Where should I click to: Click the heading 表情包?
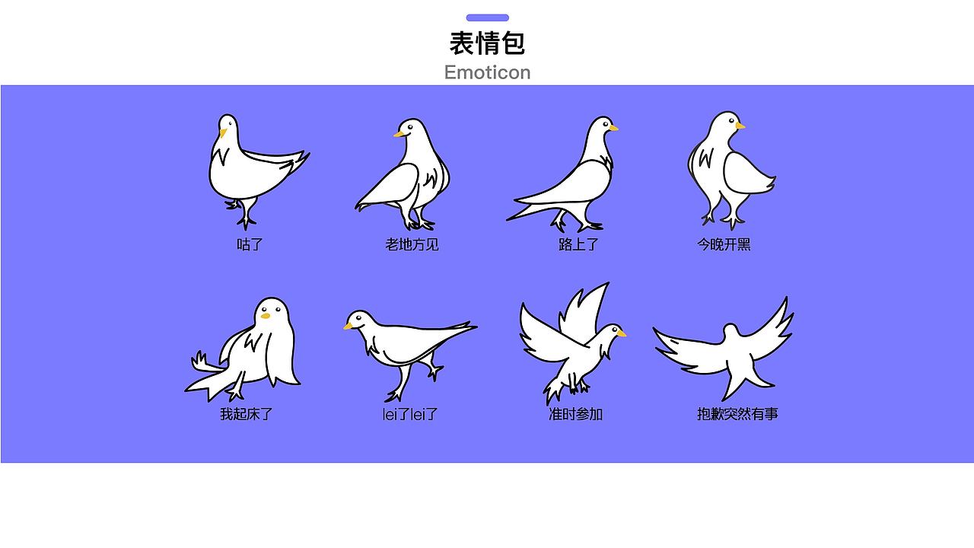coord(487,43)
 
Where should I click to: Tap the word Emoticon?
coord(487,72)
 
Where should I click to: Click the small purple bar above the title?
coord(487,18)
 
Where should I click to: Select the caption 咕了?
coord(250,244)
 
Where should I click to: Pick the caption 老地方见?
coord(412,244)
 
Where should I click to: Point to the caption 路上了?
coord(578,244)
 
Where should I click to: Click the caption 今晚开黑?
coord(724,244)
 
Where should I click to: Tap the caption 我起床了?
coord(246,414)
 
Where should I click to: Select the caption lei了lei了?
coord(410,414)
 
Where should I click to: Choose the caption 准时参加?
coord(575,414)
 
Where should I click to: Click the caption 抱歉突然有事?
coord(737,414)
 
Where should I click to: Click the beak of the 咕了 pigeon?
coord(223,133)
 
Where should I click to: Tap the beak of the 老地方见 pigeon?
coord(399,135)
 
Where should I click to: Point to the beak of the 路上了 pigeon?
coord(613,128)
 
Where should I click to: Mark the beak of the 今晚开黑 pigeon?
coord(740,126)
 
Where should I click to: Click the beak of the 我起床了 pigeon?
coord(266,316)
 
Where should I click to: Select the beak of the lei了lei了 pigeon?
coord(349,326)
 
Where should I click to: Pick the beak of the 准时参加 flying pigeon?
coord(621,333)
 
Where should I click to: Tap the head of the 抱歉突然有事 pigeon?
coord(730,332)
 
